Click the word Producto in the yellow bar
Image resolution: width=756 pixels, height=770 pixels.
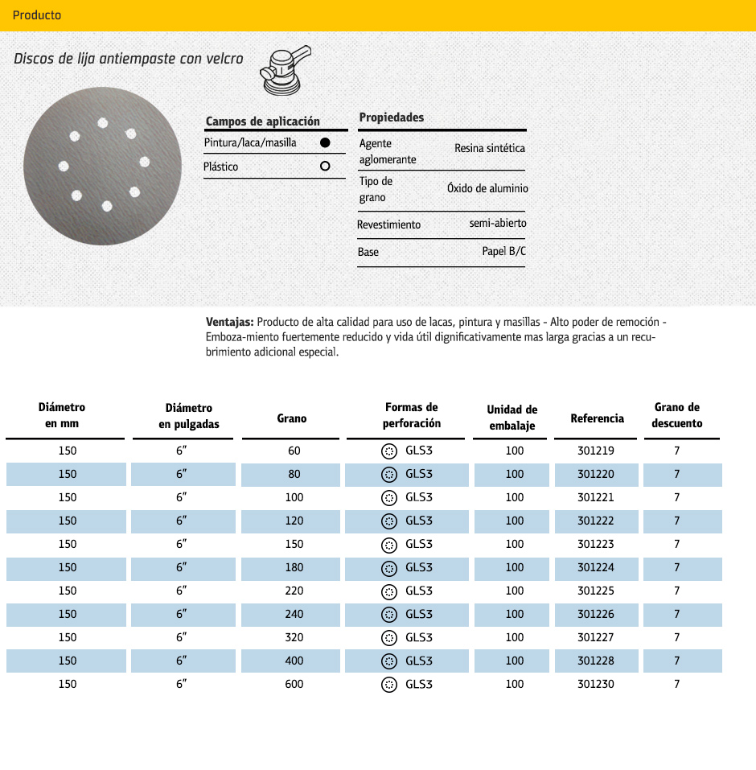(x=37, y=15)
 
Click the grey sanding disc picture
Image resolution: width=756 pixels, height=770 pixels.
(x=103, y=166)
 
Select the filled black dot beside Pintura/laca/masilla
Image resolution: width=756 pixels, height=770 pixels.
(x=325, y=142)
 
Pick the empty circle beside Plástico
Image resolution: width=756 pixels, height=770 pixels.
(x=325, y=167)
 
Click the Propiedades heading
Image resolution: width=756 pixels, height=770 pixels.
(x=392, y=117)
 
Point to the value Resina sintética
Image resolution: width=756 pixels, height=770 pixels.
(x=489, y=149)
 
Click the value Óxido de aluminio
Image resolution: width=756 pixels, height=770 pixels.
(x=487, y=188)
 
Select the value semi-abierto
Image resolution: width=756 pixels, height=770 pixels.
(x=498, y=223)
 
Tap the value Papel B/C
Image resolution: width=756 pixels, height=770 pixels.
(x=504, y=252)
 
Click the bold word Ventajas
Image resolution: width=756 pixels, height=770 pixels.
(x=230, y=322)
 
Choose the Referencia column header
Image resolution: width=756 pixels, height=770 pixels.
(x=598, y=418)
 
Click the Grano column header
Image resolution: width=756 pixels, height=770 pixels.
(x=292, y=418)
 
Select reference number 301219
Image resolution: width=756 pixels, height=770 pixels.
(x=596, y=451)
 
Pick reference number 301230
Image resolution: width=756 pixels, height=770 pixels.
(x=596, y=684)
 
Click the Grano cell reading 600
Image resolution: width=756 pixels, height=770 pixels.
(x=294, y=684)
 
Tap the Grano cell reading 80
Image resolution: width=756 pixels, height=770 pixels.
(x=294, y=474)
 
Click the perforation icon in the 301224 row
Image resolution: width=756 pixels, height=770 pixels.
(x=388, y=567)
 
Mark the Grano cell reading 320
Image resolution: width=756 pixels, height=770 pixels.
(x=294, y=637)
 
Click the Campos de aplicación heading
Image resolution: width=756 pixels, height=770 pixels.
(x=263, y=121)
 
